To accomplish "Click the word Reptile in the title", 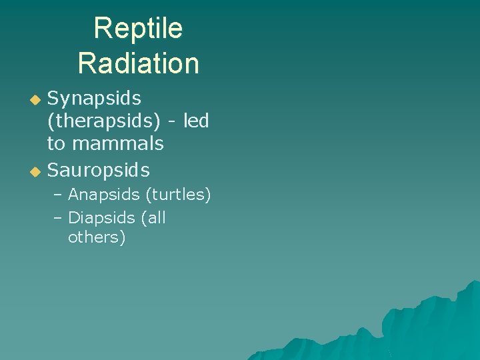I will coord(138,29).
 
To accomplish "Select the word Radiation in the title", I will coord(138,63).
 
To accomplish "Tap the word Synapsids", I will coord(94,99).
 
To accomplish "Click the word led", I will coord(195,121).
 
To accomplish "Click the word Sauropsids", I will coord(98,171).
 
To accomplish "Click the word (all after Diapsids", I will coord(154,218).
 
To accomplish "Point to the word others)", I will coord(97,237).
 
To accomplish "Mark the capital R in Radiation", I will coord(86,63).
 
